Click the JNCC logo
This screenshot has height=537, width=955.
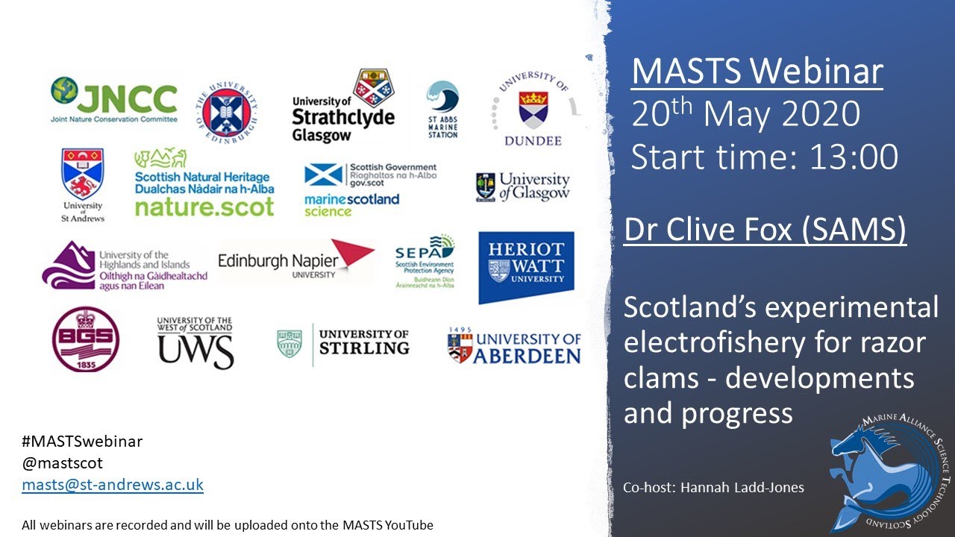pos(114,100)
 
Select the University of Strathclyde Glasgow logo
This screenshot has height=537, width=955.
pos(343,106)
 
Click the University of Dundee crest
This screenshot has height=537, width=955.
pos(533,109)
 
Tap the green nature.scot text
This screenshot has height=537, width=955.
pos(204,207)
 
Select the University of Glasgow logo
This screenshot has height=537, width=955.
pos(522,186)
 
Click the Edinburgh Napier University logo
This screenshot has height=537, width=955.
pos(295,260)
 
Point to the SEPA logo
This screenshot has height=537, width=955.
pos(425,261)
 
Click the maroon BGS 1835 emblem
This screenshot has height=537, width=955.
pos(86,339)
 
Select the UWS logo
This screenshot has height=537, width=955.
pos(195,342)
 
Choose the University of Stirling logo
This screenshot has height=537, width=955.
pos(343,343)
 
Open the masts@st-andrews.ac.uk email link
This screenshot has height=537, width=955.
pos(113,485)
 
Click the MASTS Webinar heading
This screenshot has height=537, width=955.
pos(757,72)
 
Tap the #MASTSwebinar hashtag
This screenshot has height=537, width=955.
pos(82,441)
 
